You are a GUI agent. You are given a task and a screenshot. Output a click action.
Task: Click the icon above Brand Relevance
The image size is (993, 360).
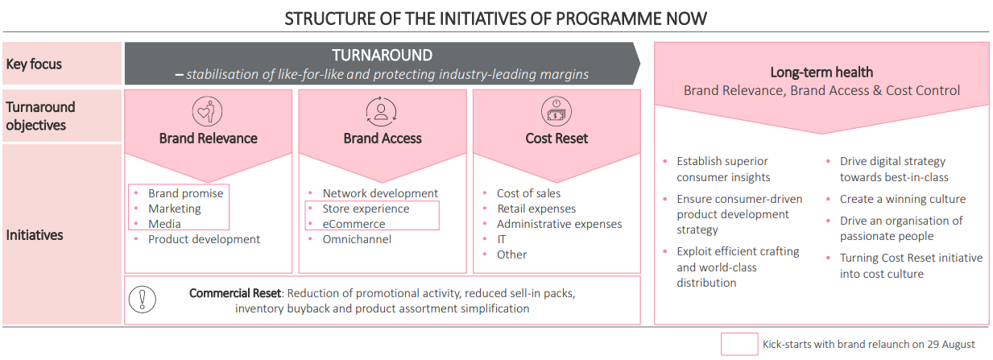tap(207, 111)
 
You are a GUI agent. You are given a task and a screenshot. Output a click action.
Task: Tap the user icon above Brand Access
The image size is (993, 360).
tap(381, 111)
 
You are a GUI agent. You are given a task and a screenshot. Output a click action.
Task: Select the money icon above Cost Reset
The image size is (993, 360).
tap(556, 111)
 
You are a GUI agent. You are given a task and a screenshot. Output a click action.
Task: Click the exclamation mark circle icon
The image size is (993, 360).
tap(143, 300)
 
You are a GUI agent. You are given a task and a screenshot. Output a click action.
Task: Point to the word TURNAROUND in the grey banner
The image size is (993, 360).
tap(382, 56)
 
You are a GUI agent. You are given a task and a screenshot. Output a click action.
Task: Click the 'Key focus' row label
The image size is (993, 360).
tap(34, 64)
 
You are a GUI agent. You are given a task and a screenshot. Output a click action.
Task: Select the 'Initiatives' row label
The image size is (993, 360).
tap(35, 235)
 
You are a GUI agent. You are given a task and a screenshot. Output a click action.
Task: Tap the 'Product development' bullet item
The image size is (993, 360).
tap(204, 239)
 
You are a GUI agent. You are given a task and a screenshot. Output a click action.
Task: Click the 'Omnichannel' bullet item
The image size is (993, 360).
tap(357, 239)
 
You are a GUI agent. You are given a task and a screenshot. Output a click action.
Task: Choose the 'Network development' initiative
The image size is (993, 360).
tap(380, 193)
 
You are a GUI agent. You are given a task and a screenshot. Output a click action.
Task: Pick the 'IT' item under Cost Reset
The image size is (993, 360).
tap(502, 239)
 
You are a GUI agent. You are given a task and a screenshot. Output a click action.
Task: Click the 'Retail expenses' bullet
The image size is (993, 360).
tap(536, 209)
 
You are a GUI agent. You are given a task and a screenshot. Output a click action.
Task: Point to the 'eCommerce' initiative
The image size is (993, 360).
tap(354, 224)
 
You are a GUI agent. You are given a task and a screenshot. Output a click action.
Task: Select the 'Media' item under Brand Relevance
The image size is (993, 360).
tap(164, 224)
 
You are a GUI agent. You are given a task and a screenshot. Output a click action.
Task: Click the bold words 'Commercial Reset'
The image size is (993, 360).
tap(235, 293)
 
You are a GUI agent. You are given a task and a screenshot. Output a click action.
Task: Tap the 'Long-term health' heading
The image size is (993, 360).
tap(821, 72)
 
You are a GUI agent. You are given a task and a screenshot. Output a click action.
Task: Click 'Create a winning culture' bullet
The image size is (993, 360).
tap(903, 199)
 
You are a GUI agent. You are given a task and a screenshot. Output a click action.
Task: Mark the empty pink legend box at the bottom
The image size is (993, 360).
tap(739, 344)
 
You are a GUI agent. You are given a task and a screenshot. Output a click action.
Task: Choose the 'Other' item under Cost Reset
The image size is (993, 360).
tap(511, 255)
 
